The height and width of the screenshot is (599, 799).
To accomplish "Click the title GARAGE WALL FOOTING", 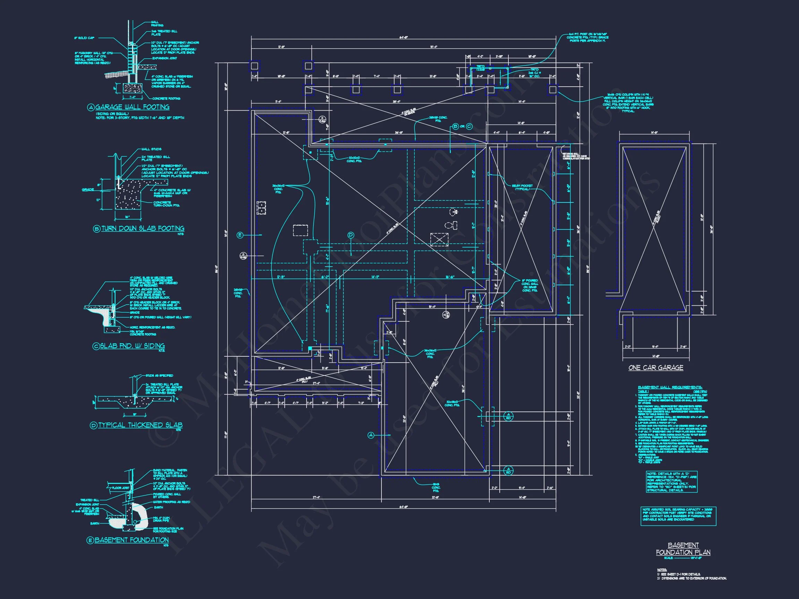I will pos(132,107).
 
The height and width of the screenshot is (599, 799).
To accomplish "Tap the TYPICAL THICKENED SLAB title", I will pos(140,425).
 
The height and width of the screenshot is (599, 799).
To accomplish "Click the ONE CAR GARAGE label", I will pos(655,367).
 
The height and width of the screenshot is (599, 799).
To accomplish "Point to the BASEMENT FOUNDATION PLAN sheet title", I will pos(683,549).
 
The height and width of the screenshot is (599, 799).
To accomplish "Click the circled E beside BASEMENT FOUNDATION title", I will pos(90,540).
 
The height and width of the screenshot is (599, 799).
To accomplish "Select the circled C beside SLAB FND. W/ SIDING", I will pos(96,346).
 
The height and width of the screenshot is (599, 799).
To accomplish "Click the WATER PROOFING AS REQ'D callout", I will pos(171,502).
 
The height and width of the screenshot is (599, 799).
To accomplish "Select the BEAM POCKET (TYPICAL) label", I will pos(522,188).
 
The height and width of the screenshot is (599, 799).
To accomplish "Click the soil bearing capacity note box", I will pos(678,516).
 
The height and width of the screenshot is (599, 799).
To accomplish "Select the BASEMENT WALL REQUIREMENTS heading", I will pos(670,388).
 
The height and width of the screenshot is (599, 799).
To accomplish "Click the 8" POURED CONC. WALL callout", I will pos(530,285).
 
